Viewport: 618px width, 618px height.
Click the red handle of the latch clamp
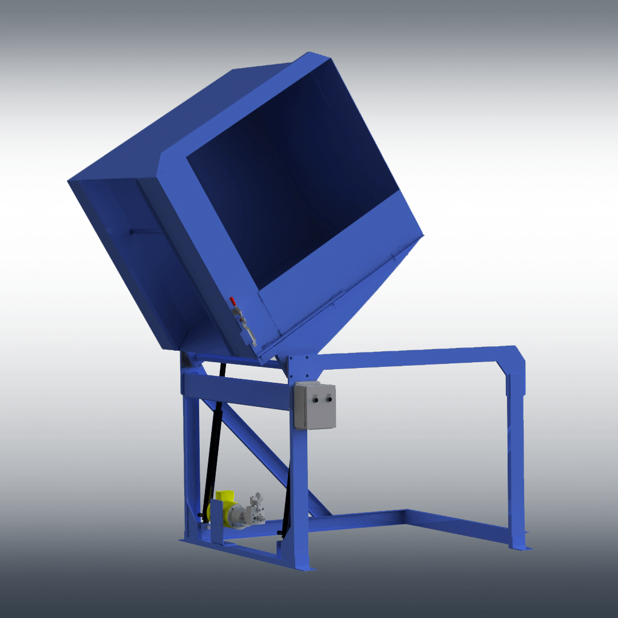click(232, 300)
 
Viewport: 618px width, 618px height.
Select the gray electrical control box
click(315, 406)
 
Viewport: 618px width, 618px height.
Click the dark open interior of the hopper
click(286, 189)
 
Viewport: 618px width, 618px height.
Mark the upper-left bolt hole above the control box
click(291, 359)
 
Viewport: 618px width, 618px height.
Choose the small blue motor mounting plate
click(216, 521)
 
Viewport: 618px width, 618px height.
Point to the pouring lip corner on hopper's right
click(423, 235)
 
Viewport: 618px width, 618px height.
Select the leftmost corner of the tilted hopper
click(69, 181)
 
